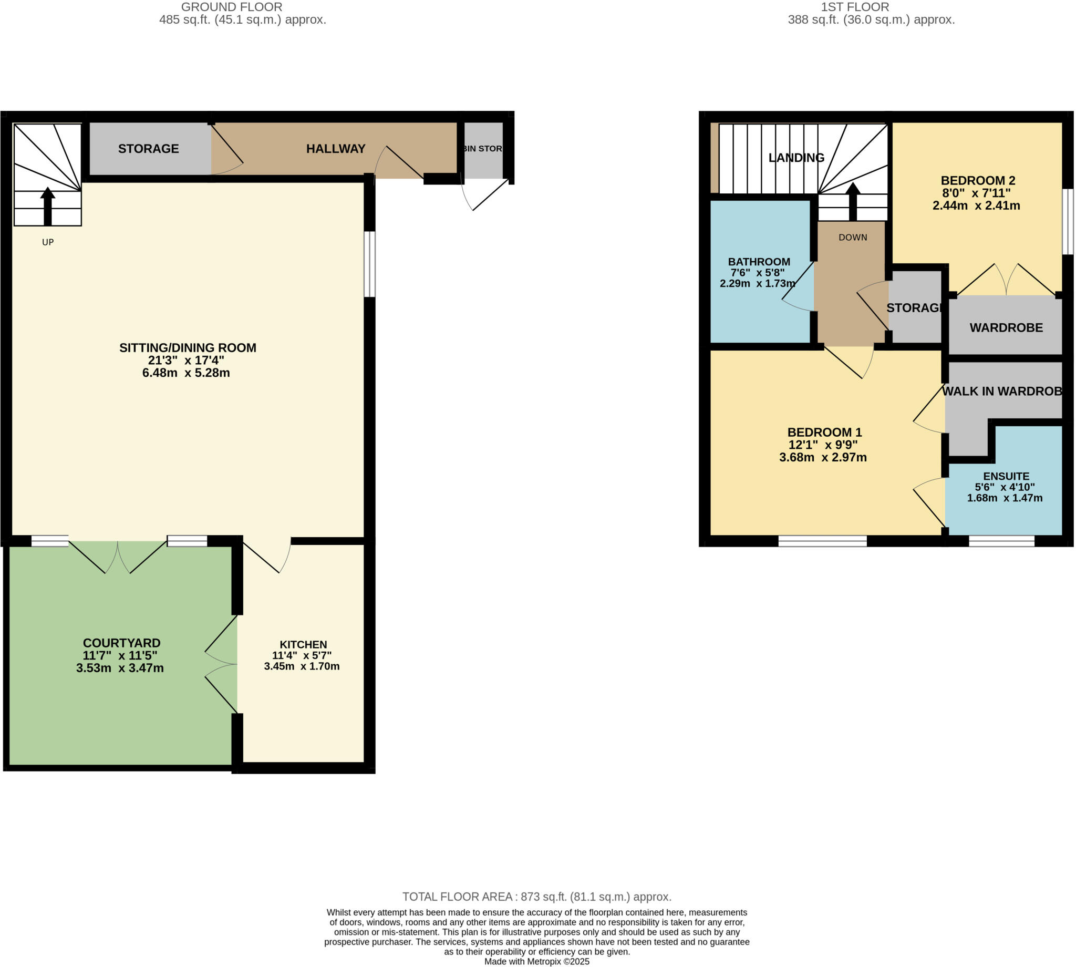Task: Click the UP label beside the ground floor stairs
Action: pos(48,242)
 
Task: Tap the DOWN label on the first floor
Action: pos(853,238)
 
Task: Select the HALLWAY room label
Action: pos(336,149)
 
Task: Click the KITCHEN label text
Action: pos(303,644)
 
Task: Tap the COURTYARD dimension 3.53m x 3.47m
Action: pos(120,668)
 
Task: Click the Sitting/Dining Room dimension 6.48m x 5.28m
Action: pos(186,373)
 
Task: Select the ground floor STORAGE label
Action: pos(149,149)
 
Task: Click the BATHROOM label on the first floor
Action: pos(759,262)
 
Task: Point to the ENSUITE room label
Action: pos(1006,477)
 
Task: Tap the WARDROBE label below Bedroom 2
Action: pos(1006,328)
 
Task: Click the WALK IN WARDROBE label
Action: pos(1001,392)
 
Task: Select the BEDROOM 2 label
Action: pos(978,181)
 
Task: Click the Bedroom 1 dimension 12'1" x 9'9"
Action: pos(823,445)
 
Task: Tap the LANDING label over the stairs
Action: pos(796,158)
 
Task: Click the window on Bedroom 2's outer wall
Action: pos(1068,222)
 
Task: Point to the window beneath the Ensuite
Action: pos(1001,541)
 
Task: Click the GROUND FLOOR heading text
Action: pos(232,7)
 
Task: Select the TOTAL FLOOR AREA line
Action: pos(537,897)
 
